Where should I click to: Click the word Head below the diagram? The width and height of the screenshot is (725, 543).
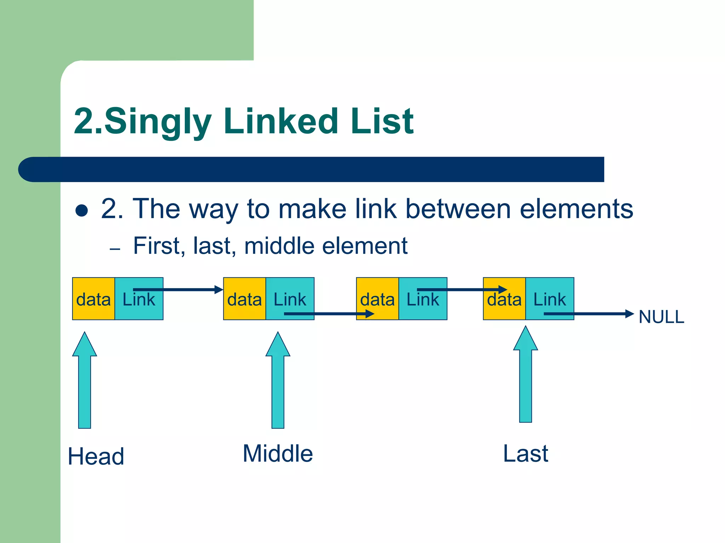(x=96, y=456)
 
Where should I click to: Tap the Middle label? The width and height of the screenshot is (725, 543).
(x=278, y=454)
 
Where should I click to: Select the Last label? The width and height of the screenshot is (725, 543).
(x=525, y=454)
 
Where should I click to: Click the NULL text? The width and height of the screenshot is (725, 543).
(x=661, y=317)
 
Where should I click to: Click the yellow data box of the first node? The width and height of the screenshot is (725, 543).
(x=93, y=299)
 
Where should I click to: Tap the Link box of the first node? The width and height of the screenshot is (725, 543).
(x=139, y=299)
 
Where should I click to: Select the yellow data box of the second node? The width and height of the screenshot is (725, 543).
(x=244, y=299)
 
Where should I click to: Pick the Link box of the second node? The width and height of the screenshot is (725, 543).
(x=290, y=299)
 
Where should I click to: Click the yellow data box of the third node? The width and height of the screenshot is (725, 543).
(x=377, y=299)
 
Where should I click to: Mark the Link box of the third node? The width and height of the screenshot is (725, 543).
(x=423, y=299)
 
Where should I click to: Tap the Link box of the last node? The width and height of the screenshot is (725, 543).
(x=550, y=299)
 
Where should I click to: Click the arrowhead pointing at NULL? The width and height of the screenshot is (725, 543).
(x=629, y=314)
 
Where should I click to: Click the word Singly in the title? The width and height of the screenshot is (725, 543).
(x=158, y=122)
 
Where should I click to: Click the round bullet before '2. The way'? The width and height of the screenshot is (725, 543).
(x=82, y=210)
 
